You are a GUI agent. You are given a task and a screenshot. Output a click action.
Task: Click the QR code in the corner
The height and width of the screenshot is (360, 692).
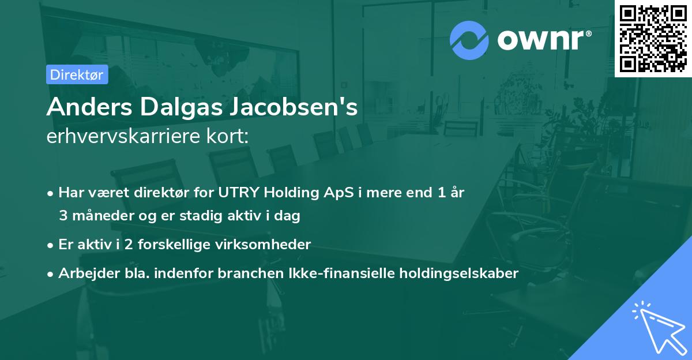[653, 39]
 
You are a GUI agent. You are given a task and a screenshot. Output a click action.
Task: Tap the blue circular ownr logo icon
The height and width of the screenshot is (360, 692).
[469, 40]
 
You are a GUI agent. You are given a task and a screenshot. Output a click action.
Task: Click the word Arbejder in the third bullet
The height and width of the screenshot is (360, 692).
[84, 273]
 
